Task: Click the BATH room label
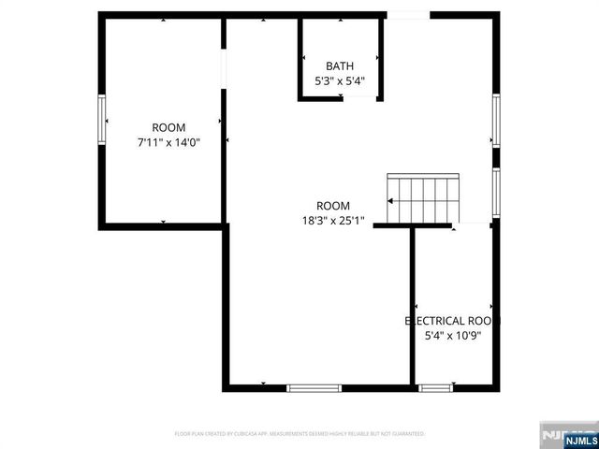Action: tap(340, 65)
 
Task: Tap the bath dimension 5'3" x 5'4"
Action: tap(340, 80)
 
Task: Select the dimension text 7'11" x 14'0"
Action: tap(169, 142)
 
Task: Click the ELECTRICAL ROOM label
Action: tap(453, 320)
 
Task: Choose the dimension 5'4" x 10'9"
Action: tap(453, 335)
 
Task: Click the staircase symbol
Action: tap(423, 198)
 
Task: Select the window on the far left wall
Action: tap(101, 119)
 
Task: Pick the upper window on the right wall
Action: tap(496, 119)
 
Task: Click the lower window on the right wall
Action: tap(496, 192)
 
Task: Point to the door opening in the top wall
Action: tap(408, 14)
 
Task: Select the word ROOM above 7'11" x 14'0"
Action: tap(169, 127)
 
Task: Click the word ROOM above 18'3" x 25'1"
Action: tap(332, 206)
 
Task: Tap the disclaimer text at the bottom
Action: tap(299, 434)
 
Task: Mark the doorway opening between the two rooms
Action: tap(224, 67)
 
